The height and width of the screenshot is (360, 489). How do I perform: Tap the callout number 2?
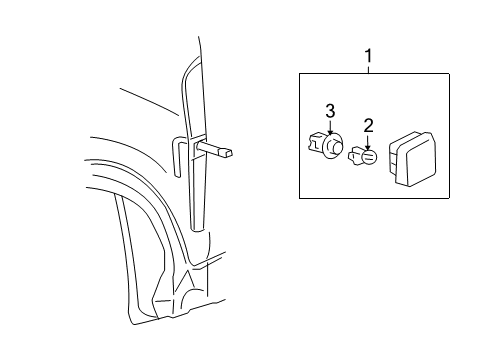(368, 125)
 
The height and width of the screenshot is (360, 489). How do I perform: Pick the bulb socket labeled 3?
(327, 147)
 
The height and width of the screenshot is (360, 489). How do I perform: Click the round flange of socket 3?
(333, 147)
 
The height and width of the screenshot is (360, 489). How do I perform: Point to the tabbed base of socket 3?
(317, 146)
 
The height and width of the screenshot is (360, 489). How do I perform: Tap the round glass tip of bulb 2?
(370, 157)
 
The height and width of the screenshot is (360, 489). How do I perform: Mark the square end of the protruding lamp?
(231, 153)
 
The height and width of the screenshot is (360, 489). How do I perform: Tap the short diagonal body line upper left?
(151, 100)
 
